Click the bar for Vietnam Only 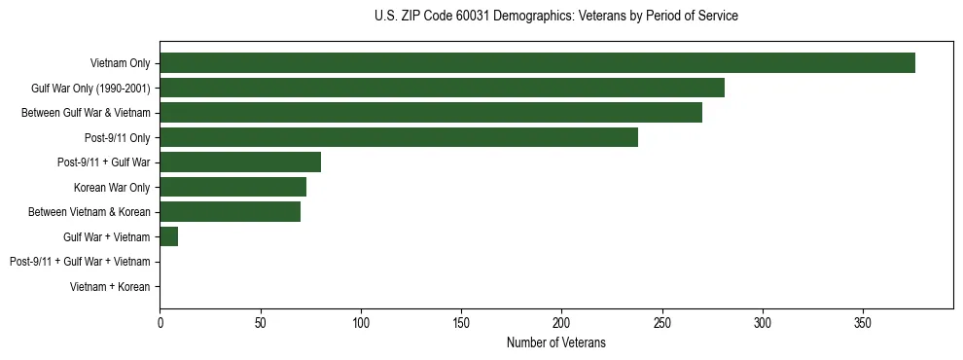[x=537, y=63]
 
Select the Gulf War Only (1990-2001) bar [x=442, y=89]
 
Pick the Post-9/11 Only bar [x=399, y=137]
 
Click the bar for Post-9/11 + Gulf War [x=240, y=162]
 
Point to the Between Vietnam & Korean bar [x=231, y=211]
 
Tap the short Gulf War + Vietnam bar [x=169, y=236]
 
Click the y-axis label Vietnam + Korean [x=110, y=286]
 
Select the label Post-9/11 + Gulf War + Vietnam [x=80, y=262]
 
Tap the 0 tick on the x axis [x=160, y=322]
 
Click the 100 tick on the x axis [x=361, y=322]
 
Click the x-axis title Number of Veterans [x=556, y=342]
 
